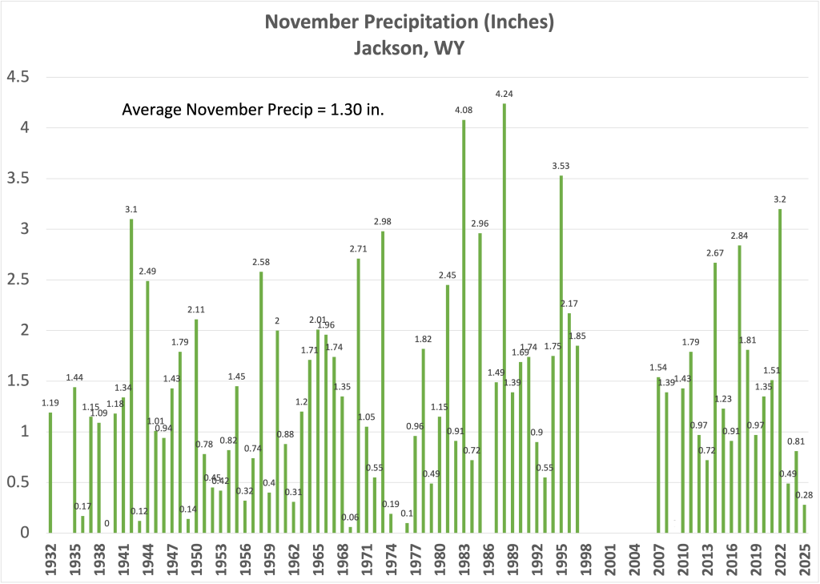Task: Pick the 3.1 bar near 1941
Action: coord(131,377)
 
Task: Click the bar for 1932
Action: coord(50,473)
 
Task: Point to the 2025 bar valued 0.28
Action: coord(805,518)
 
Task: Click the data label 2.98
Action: coord(382,221)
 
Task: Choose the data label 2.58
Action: coord(261,262)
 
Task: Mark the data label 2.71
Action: coord(358,249)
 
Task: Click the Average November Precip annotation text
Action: coord(253,111)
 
